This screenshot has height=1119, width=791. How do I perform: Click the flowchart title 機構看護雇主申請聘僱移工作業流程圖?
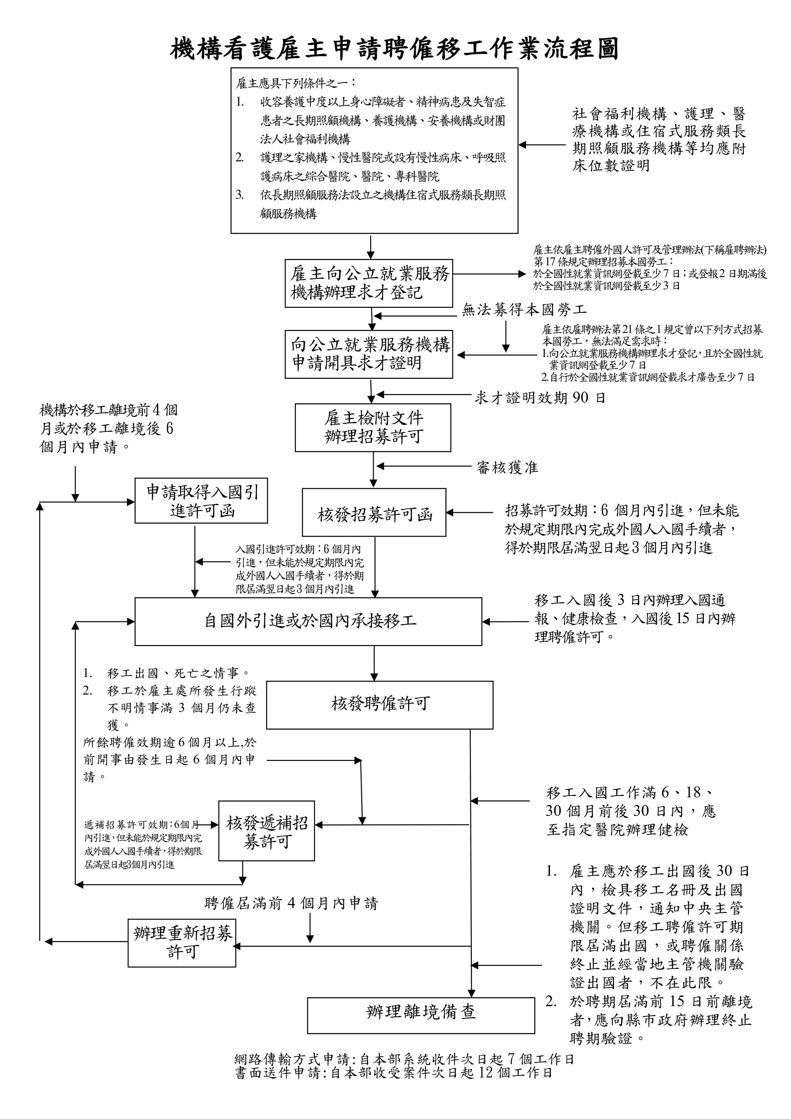[x=395, y=49]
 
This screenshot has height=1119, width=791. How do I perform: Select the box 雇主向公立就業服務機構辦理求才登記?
[x=369, y=283]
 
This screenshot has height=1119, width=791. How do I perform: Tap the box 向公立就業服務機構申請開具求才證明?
[x=369, y=354]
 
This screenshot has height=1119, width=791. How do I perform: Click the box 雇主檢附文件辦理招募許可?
[x=373, y=427]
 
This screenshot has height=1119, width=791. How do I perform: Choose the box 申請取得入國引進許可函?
[x=201, y=501]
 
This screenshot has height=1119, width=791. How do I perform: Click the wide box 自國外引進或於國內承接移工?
[x=309, y=622]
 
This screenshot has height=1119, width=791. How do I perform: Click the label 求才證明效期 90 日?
[x=540, y=398]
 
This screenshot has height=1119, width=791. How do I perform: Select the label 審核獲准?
[x=507, y=468]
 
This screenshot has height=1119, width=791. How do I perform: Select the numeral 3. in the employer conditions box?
[x=240, y=195]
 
